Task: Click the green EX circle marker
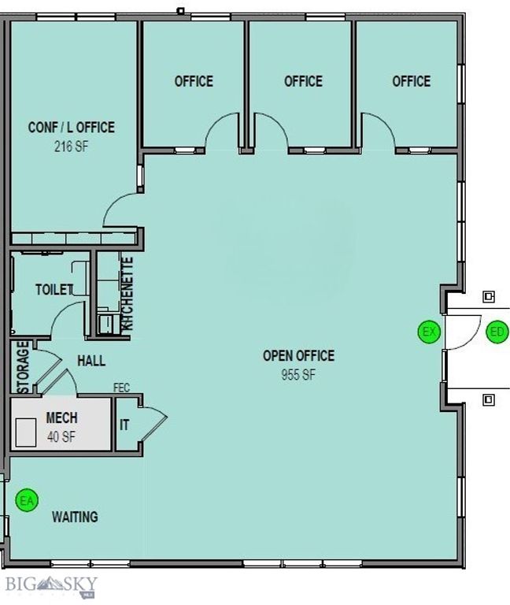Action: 429,332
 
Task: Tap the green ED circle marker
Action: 497,332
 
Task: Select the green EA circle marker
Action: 28,500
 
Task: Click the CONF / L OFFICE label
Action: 72,127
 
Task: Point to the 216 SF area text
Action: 71,146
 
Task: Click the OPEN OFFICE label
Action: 298,356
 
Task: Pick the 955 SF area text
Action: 298,376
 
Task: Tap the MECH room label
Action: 61,418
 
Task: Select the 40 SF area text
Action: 61,436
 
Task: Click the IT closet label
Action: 124,425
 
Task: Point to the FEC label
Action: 121,388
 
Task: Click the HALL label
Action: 91,361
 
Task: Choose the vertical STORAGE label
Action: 24,367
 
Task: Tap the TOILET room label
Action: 54,290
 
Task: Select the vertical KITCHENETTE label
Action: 129,292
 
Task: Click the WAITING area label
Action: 75,518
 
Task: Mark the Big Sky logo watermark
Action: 51,585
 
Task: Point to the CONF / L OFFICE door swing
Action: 120,209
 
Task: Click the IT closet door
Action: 153,423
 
